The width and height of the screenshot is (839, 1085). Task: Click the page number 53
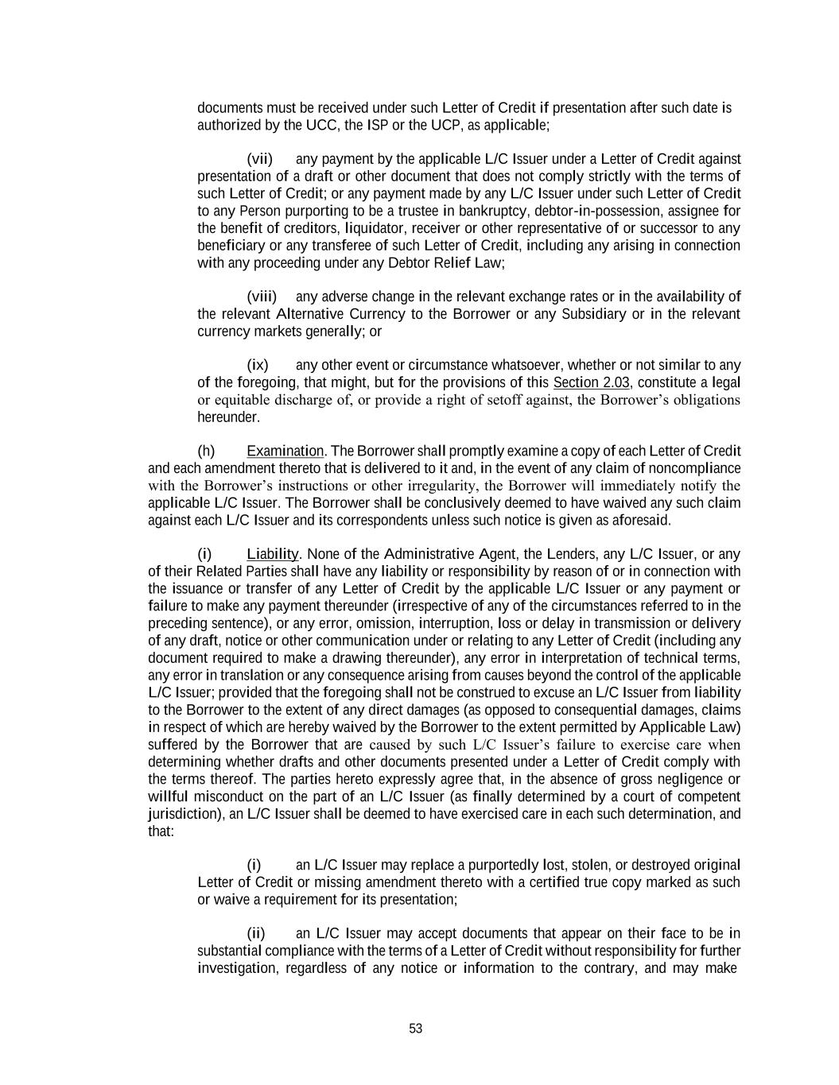(x=415, y=1029)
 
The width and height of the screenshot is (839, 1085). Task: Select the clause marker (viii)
(x=262, y=297)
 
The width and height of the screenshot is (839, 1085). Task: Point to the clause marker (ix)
(x=258, y=366)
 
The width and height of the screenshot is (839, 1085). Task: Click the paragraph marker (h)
(x=206, y=451)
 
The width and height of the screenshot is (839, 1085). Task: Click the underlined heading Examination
(x=285, y=451)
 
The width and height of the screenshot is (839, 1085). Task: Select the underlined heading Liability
(x=272, y=554)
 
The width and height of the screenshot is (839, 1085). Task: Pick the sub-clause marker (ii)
(x=255, y=934)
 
